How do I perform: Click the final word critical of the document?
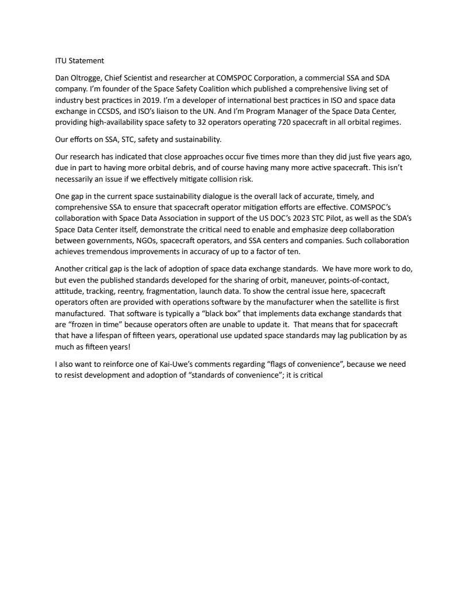pyautogui.click(x=316, y=372)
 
